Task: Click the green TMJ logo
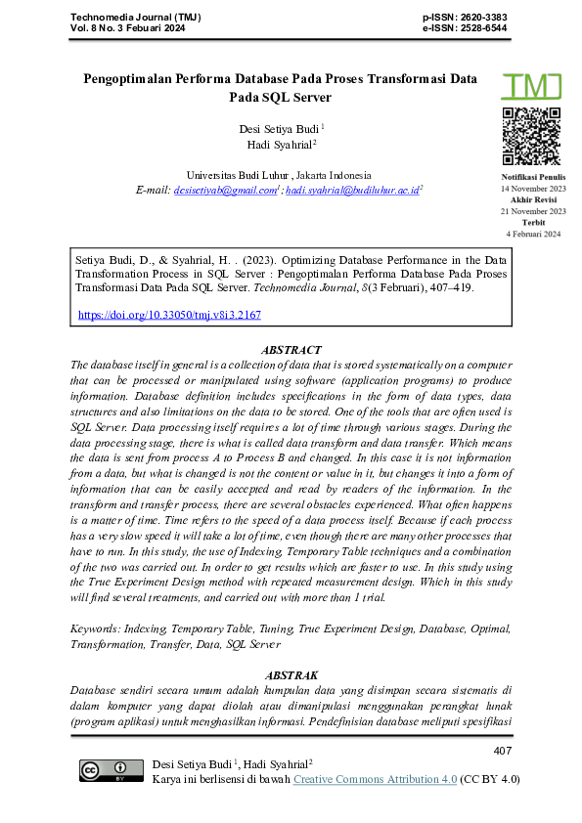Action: coord(533,87)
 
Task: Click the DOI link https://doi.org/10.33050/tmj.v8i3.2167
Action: coord(169,316)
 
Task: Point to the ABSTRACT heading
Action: coord(291,349)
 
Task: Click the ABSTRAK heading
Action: coord(291,674)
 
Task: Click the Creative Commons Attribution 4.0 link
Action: coord(375,779)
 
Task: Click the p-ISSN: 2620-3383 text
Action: coord(465,19)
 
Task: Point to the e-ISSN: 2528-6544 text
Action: coord(465,29)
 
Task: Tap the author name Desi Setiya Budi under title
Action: coord(280,128)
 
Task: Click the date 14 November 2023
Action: coord(533,187)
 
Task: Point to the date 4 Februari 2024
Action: coord(533,235)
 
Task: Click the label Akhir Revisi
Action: coord(533,198)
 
